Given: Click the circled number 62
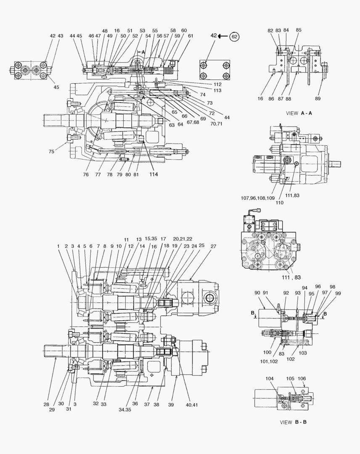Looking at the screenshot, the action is click(235, 37).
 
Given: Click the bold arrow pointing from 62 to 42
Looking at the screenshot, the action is click(223, 36).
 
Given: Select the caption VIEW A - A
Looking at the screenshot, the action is click(299, 113).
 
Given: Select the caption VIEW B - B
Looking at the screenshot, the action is click(293, 422).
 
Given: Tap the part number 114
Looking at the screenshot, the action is click(154, 174).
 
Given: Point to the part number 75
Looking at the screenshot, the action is click(51, 151).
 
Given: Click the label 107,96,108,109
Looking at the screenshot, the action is click(258, 198).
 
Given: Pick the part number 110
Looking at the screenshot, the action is click(280, 203).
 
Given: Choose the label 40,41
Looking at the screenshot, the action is click(191, 405).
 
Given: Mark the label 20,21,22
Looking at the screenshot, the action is click(183, 239).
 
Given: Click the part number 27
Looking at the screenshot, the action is click(214, 246).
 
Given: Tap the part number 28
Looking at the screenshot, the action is click(46, 404).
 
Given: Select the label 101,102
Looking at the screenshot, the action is click(269, 362).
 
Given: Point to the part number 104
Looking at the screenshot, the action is click(270, 378).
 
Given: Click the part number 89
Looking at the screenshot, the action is click(318, 98).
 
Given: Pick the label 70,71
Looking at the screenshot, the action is click(216, 124).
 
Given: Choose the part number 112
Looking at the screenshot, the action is click(217, 84).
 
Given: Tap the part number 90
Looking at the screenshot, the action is click(257, 293).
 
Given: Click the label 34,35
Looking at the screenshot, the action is click(125, 410).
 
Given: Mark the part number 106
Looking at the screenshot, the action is click(302, 378).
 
